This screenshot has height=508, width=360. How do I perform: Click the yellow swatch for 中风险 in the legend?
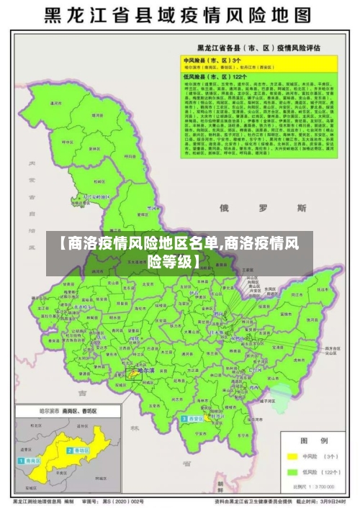click(292, 455)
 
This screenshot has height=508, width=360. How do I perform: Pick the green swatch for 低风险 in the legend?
click(292, 472)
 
